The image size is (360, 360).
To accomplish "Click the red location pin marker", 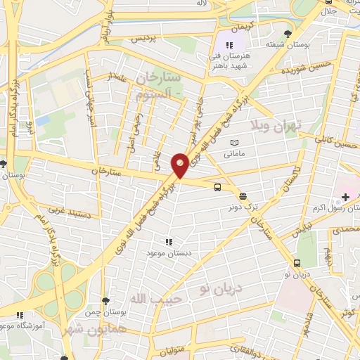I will [x=180, y=165].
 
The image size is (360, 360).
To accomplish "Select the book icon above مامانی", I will [x=234, y=142].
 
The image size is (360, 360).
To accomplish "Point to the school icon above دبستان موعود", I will [x=167, y=241].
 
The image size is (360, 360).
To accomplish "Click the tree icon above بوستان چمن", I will [x=104, y=301].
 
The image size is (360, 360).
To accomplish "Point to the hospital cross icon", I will [x=345, y=196].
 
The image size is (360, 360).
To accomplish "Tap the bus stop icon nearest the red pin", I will [x=217, y=187].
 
